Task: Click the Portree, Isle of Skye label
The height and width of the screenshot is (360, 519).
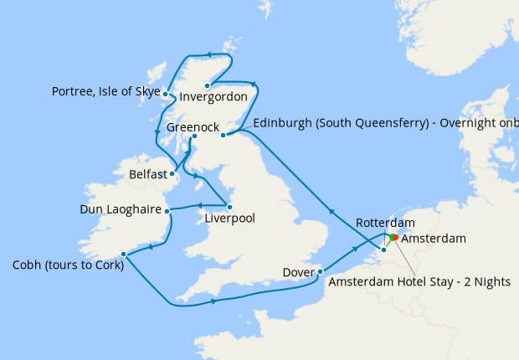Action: coord(105,91)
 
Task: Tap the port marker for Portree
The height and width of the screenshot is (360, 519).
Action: coord(166,94)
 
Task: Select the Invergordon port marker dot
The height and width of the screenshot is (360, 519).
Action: coord(207,85)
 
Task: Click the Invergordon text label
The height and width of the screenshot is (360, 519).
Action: coord(213,97)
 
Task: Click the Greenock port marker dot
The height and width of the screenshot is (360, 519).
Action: coord(193,136)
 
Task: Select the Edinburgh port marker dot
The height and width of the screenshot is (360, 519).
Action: coord(223,135)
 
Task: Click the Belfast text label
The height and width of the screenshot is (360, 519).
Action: coord(150,176)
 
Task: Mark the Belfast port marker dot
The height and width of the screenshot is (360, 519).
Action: coord(172,175)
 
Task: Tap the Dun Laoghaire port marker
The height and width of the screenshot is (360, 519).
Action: coord(166,210)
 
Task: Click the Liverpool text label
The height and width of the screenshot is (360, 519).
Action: coord(229,219)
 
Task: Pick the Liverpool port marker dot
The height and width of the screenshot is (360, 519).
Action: coord(229,207)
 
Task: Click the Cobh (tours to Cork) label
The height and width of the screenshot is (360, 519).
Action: coord(66,266)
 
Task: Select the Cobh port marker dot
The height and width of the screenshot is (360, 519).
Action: coord(123,254)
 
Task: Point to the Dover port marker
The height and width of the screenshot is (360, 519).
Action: coord(320,271)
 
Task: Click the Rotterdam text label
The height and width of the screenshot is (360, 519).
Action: coord(385,223)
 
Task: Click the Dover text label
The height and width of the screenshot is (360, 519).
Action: coord(297,272)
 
